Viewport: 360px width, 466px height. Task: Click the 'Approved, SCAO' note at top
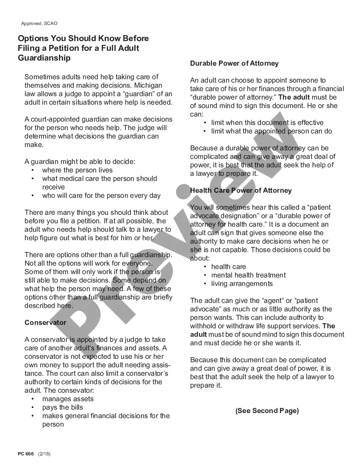tap(39, 23)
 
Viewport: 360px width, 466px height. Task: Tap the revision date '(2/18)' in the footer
tap(44, 454)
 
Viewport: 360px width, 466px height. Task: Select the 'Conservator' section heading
tap(45, 322)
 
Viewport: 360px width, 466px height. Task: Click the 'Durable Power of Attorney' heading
tap(234, 63)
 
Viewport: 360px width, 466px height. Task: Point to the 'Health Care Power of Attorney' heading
tap(241, 190)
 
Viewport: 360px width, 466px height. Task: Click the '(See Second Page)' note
tap(267, 411)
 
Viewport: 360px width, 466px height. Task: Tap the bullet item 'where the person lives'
tap(77, 170)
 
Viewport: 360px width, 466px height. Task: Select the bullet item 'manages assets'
tap(68, 399)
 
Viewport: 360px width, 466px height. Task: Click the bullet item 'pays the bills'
tap(62, 407)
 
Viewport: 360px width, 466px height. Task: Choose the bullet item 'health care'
tap(228, 266)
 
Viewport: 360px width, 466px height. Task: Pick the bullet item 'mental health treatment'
tap(248, 275)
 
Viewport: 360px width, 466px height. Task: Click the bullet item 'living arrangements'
tap(242, 283)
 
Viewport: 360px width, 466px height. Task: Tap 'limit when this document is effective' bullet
tap(267, 122)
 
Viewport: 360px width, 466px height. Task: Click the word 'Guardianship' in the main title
tap(44, 58)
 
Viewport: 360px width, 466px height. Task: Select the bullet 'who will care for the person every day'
tap(101, 195)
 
